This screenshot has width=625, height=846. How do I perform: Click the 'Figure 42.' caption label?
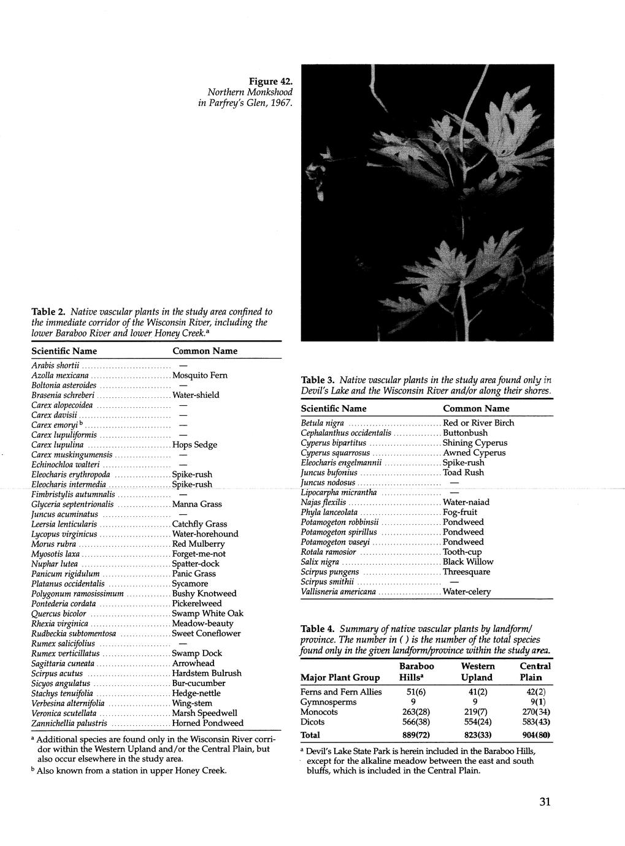tap(270, 81)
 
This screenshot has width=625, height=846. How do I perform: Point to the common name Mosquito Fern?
tap(200, 375)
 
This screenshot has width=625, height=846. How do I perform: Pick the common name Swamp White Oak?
tap(207, 613)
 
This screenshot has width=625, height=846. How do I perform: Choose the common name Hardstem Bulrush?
tap(207, 673)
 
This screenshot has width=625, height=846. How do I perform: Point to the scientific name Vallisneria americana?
tap(338, 592)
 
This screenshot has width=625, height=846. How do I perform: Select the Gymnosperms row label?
tap(328, 702)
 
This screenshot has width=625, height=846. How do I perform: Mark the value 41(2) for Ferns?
tap(477, 692)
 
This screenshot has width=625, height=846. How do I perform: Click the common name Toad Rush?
tap(463, 473)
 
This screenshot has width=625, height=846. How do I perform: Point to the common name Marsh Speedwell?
tap(204, 713)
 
